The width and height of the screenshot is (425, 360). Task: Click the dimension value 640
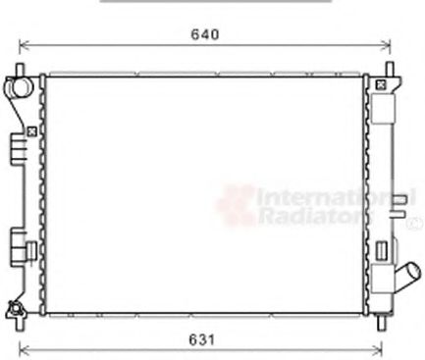pos(205,34)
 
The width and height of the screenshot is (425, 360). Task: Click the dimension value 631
pos(202,339)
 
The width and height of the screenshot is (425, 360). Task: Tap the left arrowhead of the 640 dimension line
pos(25,46)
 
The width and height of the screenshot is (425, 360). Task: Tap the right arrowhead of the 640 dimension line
pos(386,46)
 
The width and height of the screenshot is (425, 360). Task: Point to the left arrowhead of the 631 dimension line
pos(25,349)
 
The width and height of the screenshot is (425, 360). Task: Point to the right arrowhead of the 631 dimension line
pos(378,349)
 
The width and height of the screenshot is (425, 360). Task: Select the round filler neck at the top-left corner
pos(19,87)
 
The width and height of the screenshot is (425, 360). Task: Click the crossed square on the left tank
pos(31,131)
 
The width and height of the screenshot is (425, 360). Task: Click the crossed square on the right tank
pos(381,85)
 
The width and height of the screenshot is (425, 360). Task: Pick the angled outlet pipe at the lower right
pos(408,276)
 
